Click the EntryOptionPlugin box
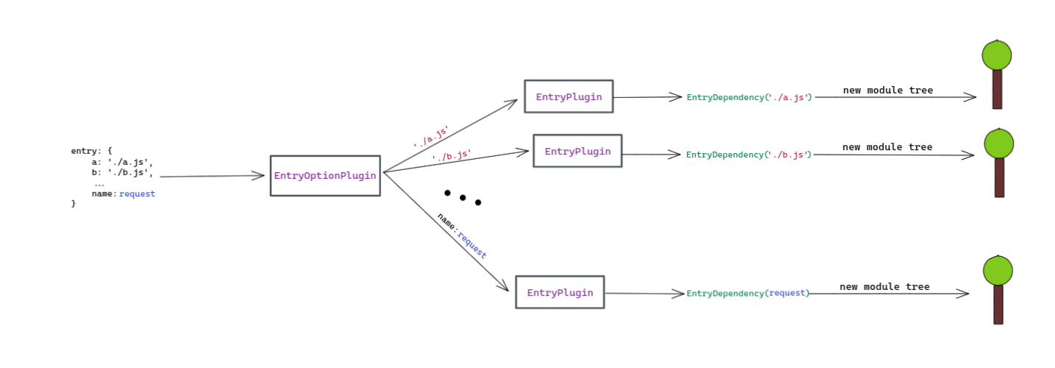click(325, 176)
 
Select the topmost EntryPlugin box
click(569, 96)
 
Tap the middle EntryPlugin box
click(578, 151)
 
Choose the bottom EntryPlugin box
click(560, 292)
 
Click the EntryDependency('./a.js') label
click(749, 97)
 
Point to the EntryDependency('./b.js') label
click(749, 155)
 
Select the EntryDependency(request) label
click(747, 293)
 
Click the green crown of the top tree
click(996, 55)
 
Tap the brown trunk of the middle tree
click(999, 177)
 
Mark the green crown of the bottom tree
click(998, 270)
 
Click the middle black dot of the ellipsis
click(463, 197)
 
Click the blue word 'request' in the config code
click(137, 194)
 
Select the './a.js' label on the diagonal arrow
click(431, 137)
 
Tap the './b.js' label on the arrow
click(451, 156)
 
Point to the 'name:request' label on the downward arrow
click(462, 236)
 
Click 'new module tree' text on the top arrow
click(887, 91)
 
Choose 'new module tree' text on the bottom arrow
click(884, 287)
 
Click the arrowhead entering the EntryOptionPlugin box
click(258, 176)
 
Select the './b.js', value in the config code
click(130, 173)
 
